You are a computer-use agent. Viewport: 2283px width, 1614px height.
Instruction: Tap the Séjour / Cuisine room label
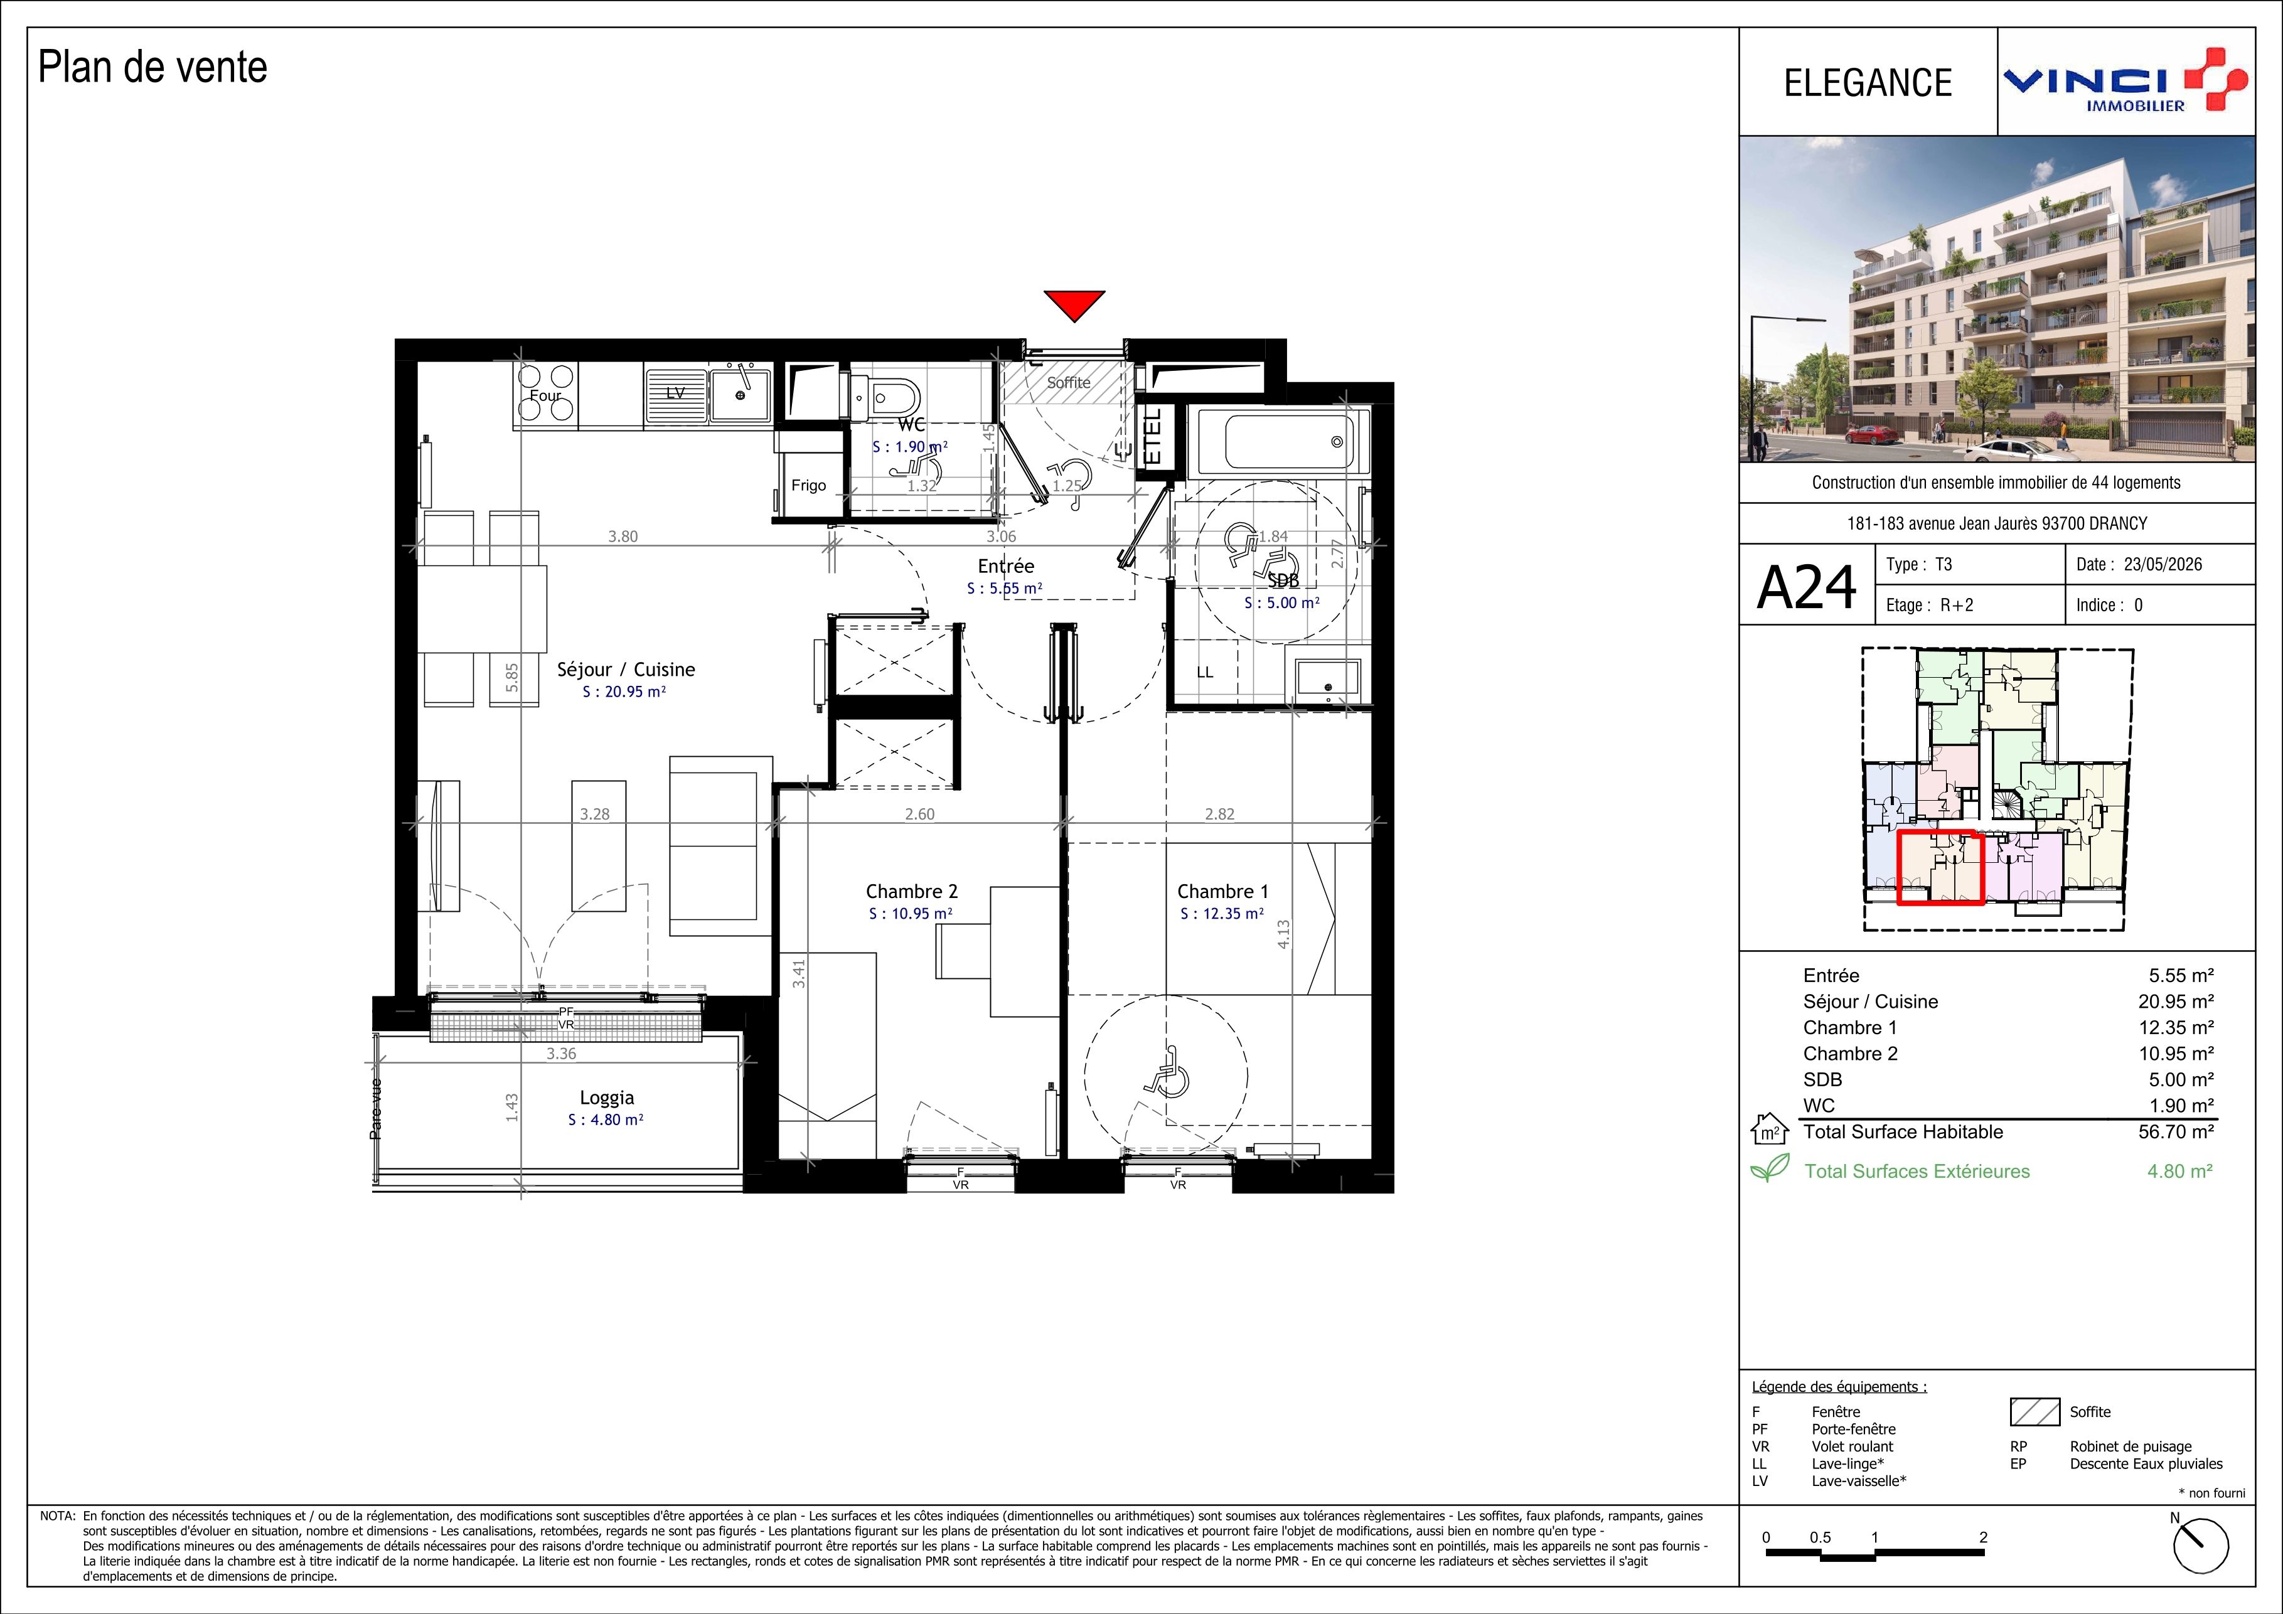(626, 670)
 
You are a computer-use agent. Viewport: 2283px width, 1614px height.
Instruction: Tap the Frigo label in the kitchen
(808, 485)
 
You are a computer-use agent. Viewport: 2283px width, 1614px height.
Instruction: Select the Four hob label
(545, 395)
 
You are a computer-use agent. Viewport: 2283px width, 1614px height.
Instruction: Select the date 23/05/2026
(2163, 565)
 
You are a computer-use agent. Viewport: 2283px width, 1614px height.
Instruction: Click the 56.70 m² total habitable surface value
(2176, 1131)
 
